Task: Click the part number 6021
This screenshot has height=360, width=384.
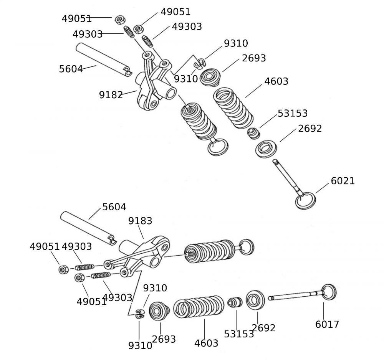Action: (x=343, y=181)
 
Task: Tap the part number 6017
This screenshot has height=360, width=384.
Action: (x=327, y=324)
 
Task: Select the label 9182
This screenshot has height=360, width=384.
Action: (x=111, y=95)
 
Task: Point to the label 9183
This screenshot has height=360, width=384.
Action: (x=140, y=221)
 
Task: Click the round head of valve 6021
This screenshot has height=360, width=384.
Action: (x=306, y=201)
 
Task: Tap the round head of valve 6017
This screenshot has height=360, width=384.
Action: (x=329, y=292)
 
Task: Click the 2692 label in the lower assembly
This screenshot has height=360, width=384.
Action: (x=263, y=328)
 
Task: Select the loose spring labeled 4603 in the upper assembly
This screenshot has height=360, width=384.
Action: (x=233, y=108)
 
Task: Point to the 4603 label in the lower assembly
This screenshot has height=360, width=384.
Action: (x=206, y=343)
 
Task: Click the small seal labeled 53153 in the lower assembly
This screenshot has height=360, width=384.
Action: (x=235, y=302)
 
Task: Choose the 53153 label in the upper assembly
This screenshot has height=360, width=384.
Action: (x=293, y=114)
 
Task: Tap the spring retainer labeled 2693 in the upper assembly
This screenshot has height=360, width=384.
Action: (x=210, y=78)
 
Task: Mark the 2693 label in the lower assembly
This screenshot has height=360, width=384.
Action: (x=164, y=339)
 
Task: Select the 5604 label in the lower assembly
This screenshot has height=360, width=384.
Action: (x=114, y=207)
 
